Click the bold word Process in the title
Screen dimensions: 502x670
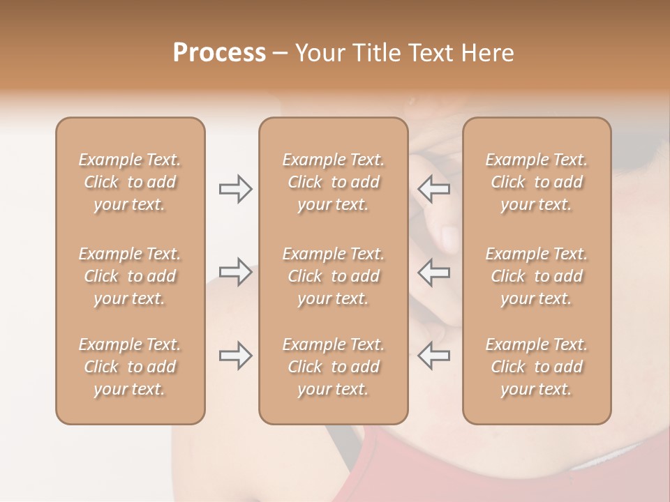[x=219, y=53]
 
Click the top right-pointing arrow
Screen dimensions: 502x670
[x=235, y=189]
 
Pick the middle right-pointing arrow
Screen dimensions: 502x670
[x=235, y=271]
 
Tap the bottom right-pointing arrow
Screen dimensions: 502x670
[x=235, y=356]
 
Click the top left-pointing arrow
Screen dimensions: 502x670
[x=434, y=189]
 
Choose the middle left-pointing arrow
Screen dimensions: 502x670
[x=434, y=271]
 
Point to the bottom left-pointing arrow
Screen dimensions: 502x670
[x=434, y=356]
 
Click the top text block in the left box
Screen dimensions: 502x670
[x=130, y=182]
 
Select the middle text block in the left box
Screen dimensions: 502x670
[x=130, y=276]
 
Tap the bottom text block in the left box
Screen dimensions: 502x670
[x=130, y=367]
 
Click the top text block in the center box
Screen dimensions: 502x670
[x=334, y=182]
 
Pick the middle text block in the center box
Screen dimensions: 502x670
[x=334, y=276]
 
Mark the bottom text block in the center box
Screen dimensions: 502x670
[x=334, y=367]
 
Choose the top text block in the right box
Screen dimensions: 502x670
[x=537, y=182]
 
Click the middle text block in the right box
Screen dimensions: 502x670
[x=537, y=276]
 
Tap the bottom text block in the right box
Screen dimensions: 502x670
[x=537, y=367]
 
